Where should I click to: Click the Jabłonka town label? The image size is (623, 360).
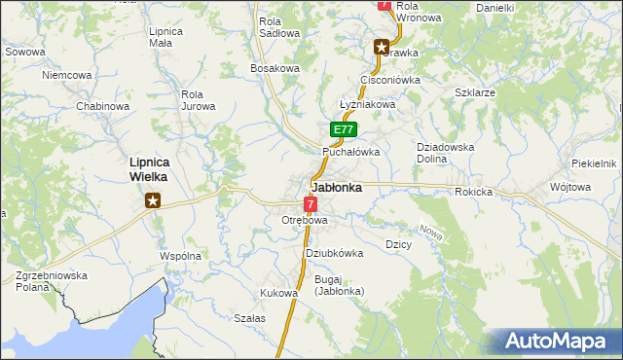click(x=337, y=188)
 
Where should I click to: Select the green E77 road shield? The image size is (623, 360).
click(x=342, y=129)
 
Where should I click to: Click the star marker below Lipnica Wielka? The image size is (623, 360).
click(x=153, y=201)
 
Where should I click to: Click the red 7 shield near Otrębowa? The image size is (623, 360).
click(x=310, y=204)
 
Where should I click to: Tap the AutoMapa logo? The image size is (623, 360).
click(x=556, y=342)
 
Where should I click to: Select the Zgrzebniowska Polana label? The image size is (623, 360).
click(x=52, y=281)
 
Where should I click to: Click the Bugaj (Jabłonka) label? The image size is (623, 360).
click(x=338, y=285)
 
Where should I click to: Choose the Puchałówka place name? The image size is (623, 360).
click(x=350, y=152)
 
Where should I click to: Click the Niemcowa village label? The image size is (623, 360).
click(x=67, y=74)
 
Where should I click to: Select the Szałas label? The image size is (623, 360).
click(x=250, y=318)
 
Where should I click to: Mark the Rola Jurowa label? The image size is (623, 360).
click(x=198, y=100)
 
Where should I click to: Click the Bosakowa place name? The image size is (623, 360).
click(x=275, y=68)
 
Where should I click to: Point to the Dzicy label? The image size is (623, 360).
click(x=399, y=244)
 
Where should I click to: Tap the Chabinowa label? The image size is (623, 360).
click(x=103, y=106)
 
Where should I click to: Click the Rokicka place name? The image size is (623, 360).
click(x=473, y=192)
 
